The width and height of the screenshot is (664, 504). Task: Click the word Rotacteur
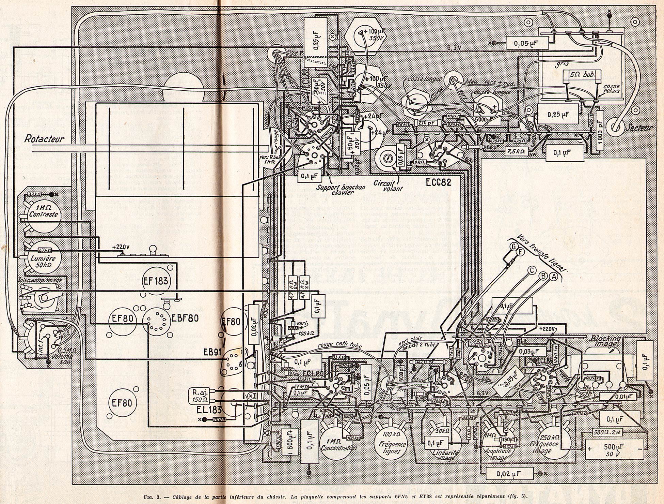pos(44,139)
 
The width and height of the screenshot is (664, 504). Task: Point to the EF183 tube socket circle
pos(155,281)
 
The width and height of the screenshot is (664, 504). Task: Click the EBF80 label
pos(185,318)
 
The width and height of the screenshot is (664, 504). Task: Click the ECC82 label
pos(438,182)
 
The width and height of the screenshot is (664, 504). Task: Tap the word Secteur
pos(638,128)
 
